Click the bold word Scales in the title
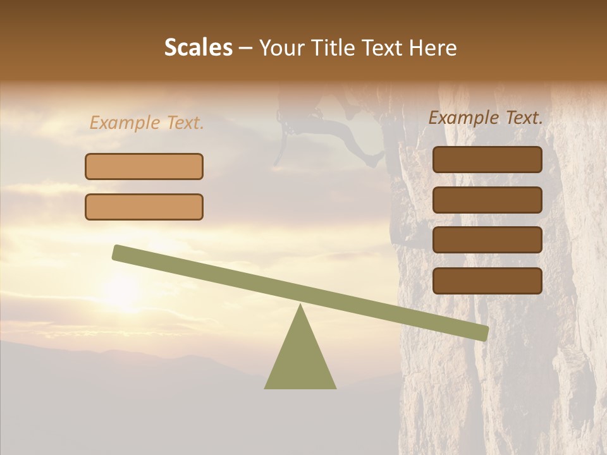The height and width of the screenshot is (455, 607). click(199, 48)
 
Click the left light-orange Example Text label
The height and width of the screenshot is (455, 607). click(147, 123)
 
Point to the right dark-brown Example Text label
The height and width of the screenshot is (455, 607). click(486, 118)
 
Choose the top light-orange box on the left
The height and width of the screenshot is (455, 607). click(144, 166)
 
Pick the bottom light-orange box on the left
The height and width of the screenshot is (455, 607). click(144, 207)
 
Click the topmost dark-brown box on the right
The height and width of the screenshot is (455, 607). click(487, 159)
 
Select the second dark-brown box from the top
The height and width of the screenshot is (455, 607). click(487, 200)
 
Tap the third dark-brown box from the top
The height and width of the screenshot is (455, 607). click(487, 240)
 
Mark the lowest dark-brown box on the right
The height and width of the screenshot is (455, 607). click(487, 281)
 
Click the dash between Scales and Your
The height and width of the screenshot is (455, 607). click(245, 48)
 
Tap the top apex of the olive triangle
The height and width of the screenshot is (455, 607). click(300, 306)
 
